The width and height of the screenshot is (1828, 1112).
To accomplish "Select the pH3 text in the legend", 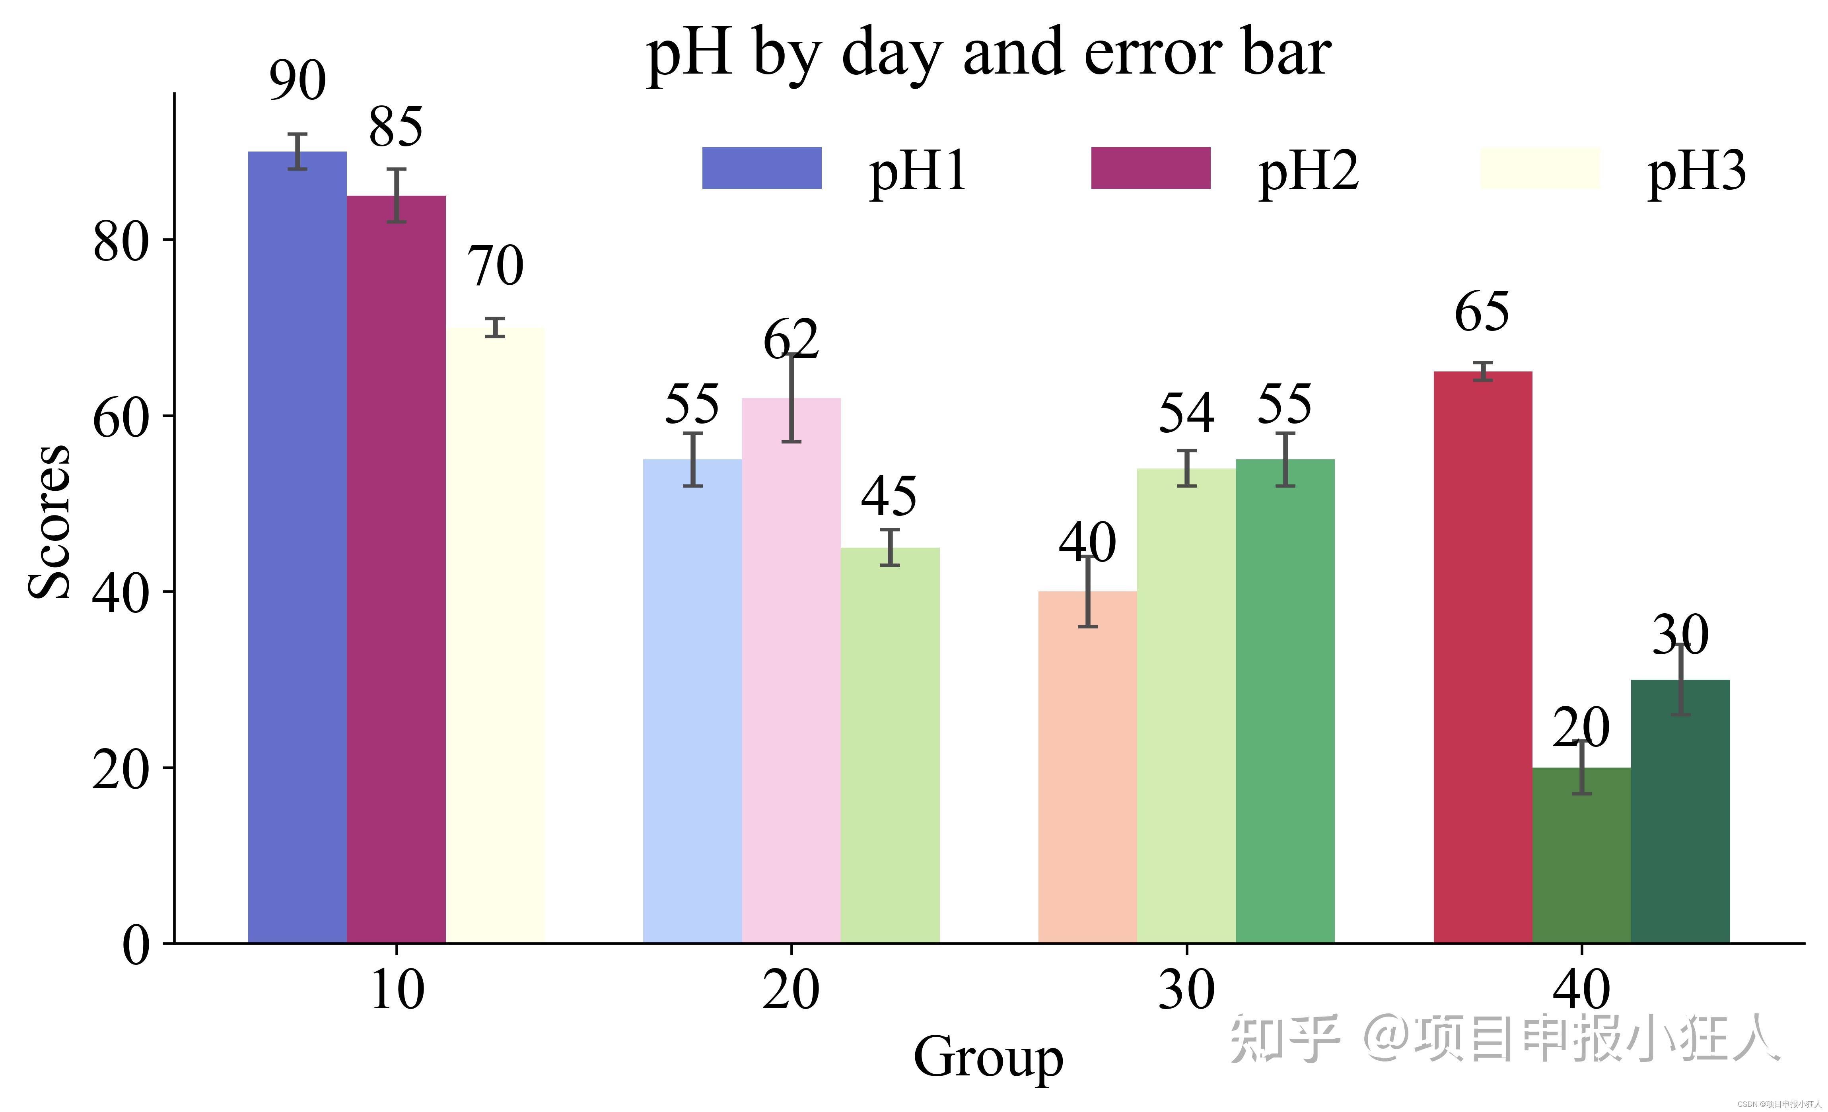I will tap(1697, 171).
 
